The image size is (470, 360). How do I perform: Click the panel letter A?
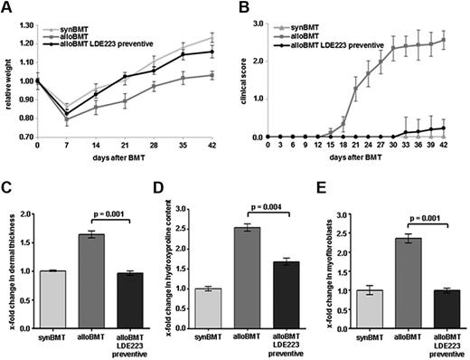(x=9, y=8)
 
